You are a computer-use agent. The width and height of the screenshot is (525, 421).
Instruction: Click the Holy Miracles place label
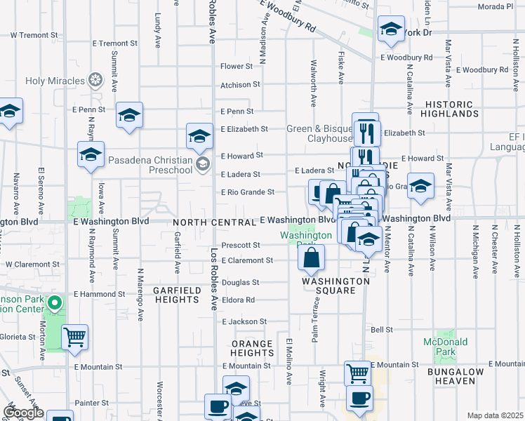click(55, 80)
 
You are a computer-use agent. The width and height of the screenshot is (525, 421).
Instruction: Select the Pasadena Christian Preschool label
click(151, 165)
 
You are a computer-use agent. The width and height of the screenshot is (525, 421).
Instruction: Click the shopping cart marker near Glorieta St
click(74, 338)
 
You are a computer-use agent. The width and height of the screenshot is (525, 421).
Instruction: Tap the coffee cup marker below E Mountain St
click(360, 399)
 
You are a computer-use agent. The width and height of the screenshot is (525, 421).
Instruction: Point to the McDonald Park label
click(446, 347)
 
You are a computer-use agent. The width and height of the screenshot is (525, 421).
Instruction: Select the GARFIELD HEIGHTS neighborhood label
click(176, 295)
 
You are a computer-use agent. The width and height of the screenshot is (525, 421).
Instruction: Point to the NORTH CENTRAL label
click(214, 222)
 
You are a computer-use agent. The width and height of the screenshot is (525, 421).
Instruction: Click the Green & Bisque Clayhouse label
click(319, 133)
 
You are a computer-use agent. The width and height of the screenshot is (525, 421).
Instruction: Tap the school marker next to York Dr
click(390, 30)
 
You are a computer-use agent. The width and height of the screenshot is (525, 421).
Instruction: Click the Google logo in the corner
click(23, 413)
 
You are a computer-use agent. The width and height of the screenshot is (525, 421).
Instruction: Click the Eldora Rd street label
click(239, 300)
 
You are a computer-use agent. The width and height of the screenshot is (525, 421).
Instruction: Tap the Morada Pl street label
click(496, 6)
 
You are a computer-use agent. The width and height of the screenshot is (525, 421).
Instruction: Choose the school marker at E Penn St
click(129, 116)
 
